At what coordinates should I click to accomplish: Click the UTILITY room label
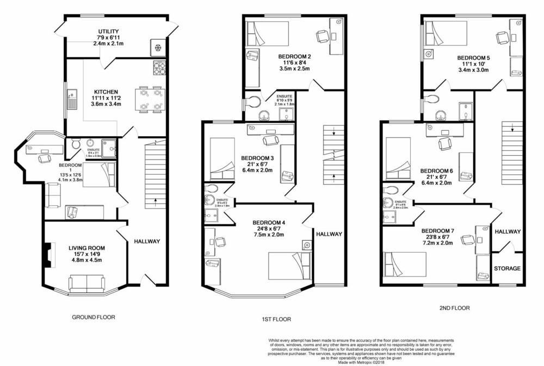click(109, 32)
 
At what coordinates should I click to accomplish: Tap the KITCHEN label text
click(103, 91)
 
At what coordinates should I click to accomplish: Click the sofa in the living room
click(86, 283)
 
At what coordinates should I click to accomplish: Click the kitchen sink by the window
click(71, 100)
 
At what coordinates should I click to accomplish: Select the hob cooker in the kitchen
click(160, 68)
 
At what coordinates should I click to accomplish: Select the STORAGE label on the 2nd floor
click(507, 269)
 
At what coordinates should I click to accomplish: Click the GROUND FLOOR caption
click(94, 316)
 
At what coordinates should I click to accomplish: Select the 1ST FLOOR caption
click(276, 319)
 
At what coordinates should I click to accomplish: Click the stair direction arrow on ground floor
click(156, 200)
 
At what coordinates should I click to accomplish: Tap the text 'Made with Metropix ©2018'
click(361, 361)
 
